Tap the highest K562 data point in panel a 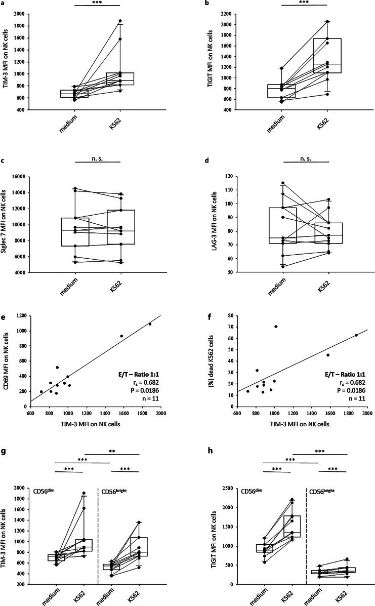click(120, 21)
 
